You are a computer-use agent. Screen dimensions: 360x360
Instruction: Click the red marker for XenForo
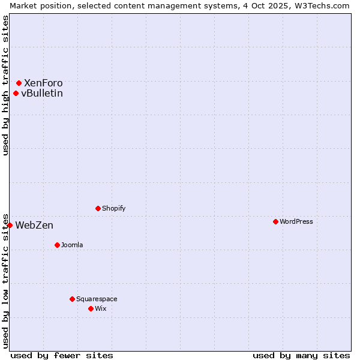pos(19,83)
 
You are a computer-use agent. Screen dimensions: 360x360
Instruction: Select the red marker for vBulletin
pos(16,93)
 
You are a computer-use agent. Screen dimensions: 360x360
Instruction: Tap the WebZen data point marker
pos(10,225)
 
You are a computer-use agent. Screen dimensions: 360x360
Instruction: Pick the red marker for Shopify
pos(98,208)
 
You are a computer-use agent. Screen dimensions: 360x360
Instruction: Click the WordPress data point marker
pos(275,221)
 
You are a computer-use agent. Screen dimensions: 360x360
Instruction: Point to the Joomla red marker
pos(57,245)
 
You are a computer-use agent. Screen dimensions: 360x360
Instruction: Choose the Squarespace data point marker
pos(72,299)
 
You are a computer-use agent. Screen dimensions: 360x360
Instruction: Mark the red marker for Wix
pos(91,308)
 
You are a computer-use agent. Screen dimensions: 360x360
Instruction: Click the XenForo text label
pos(43,83)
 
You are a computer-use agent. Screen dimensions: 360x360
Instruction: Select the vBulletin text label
pos(42,93)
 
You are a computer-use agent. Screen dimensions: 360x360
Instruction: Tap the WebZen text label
pos(34,225)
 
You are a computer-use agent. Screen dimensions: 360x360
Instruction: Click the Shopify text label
pos(114,208)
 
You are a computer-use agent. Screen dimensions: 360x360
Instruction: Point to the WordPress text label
pos(296,221)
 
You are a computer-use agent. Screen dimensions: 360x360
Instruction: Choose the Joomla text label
pos(72,245)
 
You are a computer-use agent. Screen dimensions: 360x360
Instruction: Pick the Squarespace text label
pos(97,299)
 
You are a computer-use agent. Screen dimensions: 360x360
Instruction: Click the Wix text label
pos(100,308)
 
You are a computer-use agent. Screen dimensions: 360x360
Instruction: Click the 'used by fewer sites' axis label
pos(62,355)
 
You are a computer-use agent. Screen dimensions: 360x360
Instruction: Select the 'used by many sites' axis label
pos(301,355)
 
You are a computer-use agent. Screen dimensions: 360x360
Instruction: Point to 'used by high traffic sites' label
pos(5,85)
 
